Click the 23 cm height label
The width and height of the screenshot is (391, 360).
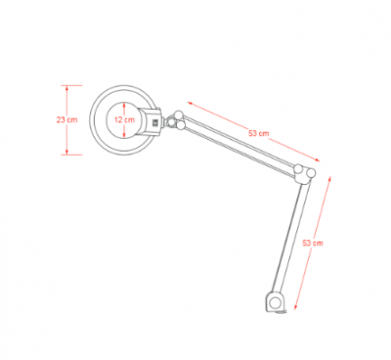point(66,119)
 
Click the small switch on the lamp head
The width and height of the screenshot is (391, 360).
point(153,123)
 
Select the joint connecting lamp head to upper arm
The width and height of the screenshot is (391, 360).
point(175,121)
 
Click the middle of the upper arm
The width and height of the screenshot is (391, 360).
point(242,147)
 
